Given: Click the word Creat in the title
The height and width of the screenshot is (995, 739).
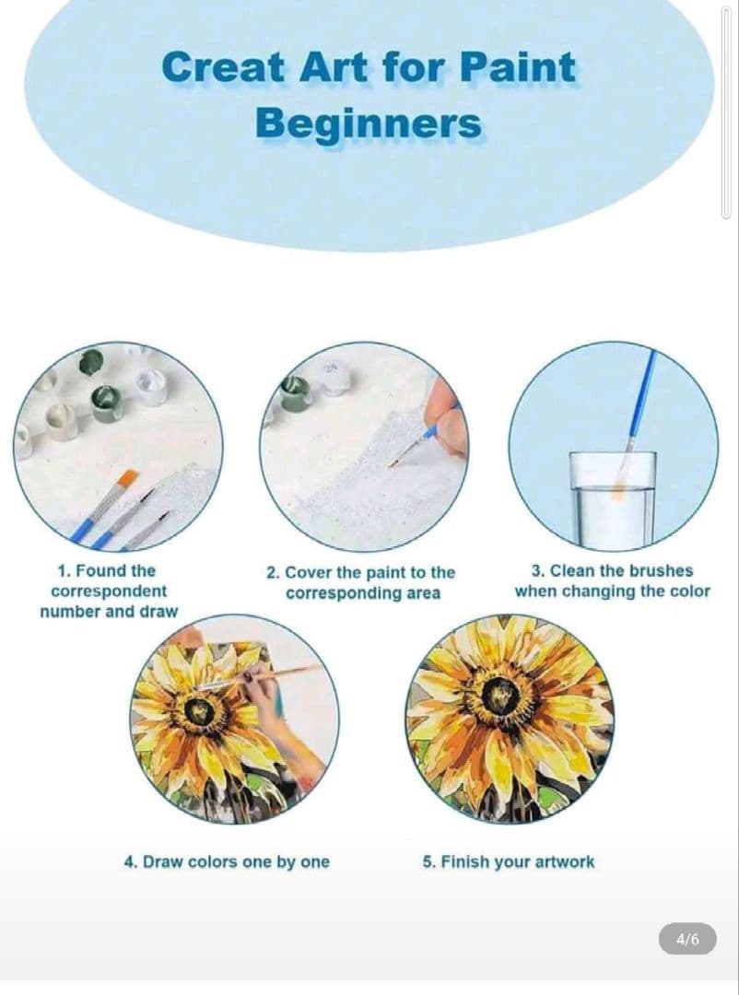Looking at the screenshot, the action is coord(223,66).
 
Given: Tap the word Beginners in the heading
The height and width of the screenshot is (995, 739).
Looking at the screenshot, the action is coord(369,123).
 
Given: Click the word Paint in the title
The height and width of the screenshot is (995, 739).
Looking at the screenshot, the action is coord(517,66).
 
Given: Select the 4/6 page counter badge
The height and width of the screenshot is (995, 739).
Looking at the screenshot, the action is coord(687,939).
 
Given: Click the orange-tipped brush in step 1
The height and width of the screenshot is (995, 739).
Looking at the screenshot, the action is coord(104,505).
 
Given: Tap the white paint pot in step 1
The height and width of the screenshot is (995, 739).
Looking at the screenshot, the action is coord(152,385).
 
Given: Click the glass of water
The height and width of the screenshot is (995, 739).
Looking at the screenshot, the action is coord(612,498).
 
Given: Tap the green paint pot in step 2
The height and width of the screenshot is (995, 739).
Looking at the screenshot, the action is coord(296,393).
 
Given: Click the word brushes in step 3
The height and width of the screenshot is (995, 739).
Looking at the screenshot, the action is coord(662,570).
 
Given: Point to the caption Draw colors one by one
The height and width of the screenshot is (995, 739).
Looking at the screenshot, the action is coord(227,861).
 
